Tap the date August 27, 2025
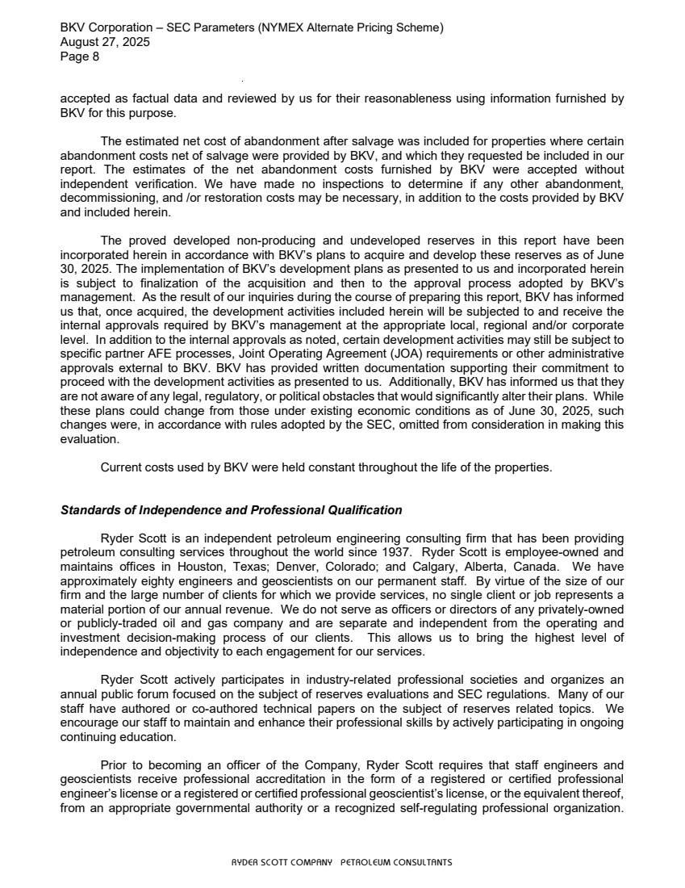point(105,43)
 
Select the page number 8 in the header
point(95,57)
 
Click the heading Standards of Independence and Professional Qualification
point(231,510)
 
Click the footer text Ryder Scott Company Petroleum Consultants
point(342,862)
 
